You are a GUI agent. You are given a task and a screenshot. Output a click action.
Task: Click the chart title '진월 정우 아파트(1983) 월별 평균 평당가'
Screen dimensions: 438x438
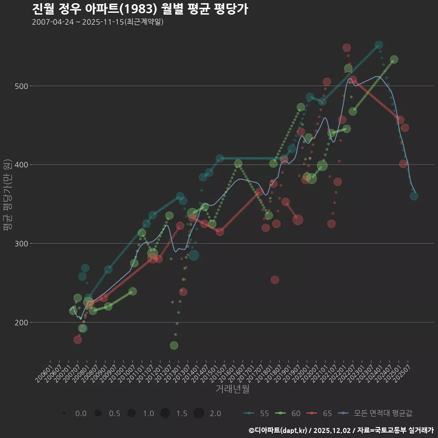click(140, 9)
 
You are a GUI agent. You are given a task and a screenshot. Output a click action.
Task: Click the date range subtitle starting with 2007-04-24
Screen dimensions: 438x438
click(98, 22)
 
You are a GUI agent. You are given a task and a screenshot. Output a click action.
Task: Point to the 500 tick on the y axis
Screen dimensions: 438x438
click(21, 86)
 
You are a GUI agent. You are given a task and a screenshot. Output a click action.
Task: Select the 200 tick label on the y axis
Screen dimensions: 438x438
click(21, 323)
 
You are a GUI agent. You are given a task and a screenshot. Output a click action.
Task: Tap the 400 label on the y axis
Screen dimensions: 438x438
click(21, 165)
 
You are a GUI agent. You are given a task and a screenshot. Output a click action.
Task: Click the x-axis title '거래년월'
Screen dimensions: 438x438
click(232, 389)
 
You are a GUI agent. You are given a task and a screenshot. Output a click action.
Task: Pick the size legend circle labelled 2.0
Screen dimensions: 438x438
click(198, 413)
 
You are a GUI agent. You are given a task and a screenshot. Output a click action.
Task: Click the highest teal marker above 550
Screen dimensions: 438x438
click(379, 45)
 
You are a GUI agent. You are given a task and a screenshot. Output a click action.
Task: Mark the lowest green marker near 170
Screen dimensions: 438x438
click(174, 345)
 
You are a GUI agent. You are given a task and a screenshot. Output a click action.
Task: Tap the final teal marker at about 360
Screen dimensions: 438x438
click(414, 196)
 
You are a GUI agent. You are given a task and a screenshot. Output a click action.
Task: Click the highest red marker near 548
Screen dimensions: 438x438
click(347, 48)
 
